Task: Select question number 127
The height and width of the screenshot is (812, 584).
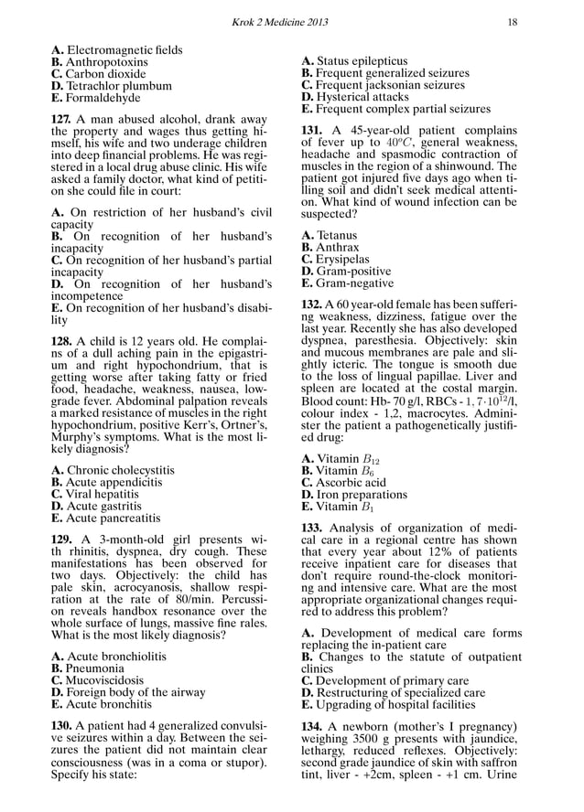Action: pos(64,120)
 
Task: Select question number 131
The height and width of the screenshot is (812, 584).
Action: pos(314,131)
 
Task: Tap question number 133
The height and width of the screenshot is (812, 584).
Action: pos(314,528)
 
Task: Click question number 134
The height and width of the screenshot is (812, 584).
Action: pos(314,725)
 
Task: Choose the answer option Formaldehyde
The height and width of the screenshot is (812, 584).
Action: pos(96,98)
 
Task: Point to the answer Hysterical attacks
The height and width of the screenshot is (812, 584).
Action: pos(362,97)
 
